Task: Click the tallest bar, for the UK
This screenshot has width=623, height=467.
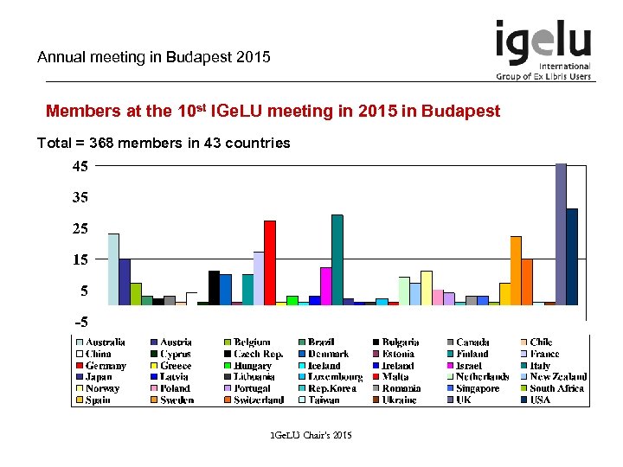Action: point(561,233)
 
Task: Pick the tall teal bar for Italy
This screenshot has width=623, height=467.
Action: point(337,259)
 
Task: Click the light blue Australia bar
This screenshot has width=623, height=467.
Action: point(113,269)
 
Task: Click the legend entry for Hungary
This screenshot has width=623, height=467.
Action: point(252,366)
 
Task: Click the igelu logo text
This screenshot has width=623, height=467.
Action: point(543,42)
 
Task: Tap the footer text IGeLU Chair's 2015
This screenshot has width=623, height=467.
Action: point(311,433)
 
